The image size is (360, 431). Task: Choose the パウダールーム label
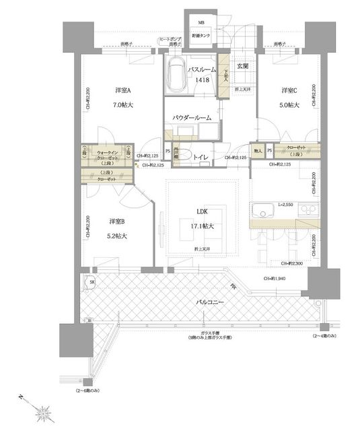(x=192, y=118)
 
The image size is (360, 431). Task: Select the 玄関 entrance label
(x=242, y=66)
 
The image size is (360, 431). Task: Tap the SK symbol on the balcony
(x=91, y=281)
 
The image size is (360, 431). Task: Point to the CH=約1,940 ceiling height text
(x=277, y=278)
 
